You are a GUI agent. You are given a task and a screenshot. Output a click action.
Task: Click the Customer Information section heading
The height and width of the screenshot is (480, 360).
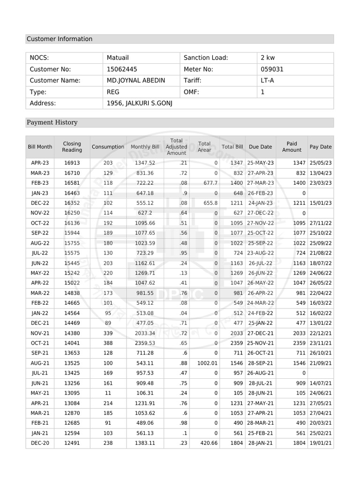coord(60,39)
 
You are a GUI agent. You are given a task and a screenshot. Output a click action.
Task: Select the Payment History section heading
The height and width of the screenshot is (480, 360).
coord(52,122)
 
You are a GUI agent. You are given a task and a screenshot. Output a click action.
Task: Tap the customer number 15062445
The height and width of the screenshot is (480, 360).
coord(122,69)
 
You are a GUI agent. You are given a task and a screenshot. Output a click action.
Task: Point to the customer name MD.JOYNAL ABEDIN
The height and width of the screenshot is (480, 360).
coord(136,81)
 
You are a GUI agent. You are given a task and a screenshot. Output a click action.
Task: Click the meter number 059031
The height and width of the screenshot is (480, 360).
coord(272,69)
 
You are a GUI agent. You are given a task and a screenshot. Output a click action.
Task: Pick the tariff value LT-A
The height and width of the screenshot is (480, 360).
coord(268,81)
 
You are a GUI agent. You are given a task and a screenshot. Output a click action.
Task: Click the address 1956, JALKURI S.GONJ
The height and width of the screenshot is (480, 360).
coord(140,104)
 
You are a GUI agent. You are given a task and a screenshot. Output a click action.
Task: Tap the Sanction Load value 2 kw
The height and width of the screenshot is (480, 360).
coord(268,58)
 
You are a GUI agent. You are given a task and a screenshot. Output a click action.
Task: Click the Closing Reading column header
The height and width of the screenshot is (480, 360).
coord(72,147)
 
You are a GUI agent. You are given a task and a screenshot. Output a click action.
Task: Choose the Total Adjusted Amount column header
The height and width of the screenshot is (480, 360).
coord(176,147)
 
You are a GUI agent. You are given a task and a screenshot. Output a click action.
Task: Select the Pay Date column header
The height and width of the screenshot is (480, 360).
coord(320,147)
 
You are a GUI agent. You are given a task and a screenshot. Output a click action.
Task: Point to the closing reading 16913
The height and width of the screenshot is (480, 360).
coord(72,163)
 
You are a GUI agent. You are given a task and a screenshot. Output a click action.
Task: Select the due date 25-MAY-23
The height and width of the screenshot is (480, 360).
coord(260,163)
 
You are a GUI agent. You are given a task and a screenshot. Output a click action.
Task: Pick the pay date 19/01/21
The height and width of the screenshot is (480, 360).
coord(320,443)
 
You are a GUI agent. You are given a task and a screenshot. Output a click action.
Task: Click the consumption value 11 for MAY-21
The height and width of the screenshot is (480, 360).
coord(108,393)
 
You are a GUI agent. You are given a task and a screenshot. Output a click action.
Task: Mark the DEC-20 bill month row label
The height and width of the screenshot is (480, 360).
coord(40,443)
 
